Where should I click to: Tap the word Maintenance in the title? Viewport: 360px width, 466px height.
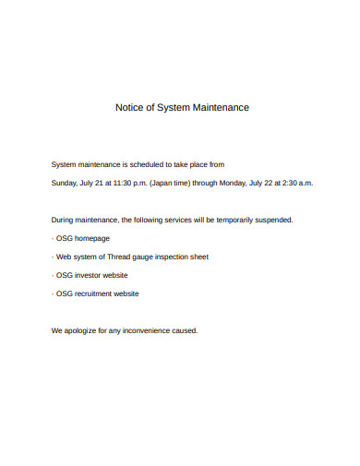point(221,108)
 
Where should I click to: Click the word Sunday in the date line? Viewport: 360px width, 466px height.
point(64,183)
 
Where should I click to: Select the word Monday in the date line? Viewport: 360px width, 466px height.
point(235,183)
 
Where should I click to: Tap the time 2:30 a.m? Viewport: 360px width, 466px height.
point(297,183)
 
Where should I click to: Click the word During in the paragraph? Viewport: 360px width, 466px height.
point(62,221)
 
